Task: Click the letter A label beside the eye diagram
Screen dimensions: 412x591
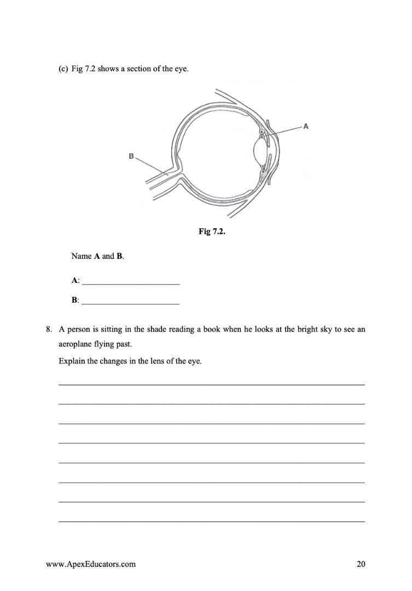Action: point(305,126)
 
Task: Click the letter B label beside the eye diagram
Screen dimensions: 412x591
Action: point(131,156)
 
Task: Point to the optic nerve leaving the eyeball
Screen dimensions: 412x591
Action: point(159,181)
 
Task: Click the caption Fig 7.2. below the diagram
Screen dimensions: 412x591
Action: point(212,232)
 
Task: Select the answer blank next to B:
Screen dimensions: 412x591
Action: point(130,300)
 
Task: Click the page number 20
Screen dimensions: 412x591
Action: point(361,564)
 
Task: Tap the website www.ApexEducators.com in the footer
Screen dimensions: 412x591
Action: point(91,564)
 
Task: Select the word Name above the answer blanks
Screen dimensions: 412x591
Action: point(82,256)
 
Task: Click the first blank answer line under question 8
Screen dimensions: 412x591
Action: point(211,384)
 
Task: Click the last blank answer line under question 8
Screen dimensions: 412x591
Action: point(211,521)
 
